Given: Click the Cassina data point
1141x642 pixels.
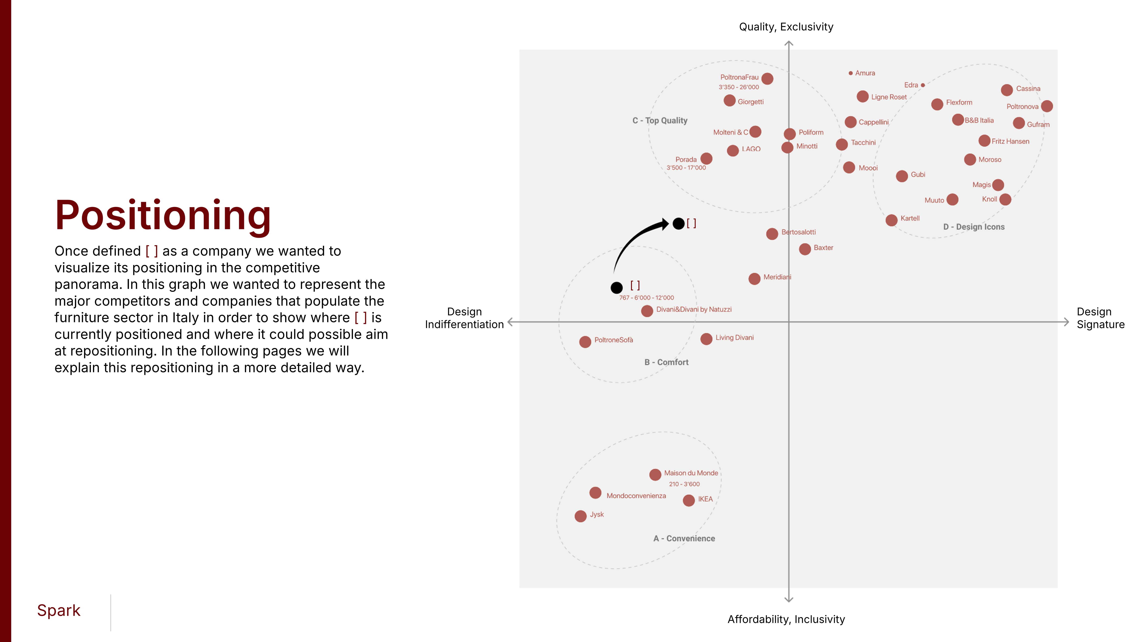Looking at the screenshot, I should [x=1007, y=90].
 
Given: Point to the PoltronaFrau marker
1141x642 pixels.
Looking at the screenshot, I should [x=768, y=79].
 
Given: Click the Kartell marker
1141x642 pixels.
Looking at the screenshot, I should [x=892, y=220].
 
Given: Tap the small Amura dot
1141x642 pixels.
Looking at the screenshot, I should [x=850, y=73].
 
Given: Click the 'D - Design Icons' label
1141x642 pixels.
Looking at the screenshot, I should [x=974, y=227].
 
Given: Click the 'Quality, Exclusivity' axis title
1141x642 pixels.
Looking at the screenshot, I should [x=786, y=27].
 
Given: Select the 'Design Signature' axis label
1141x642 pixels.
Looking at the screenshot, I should [x=1100, y=318].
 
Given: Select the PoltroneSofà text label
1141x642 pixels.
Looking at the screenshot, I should [x=613, y=340].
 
